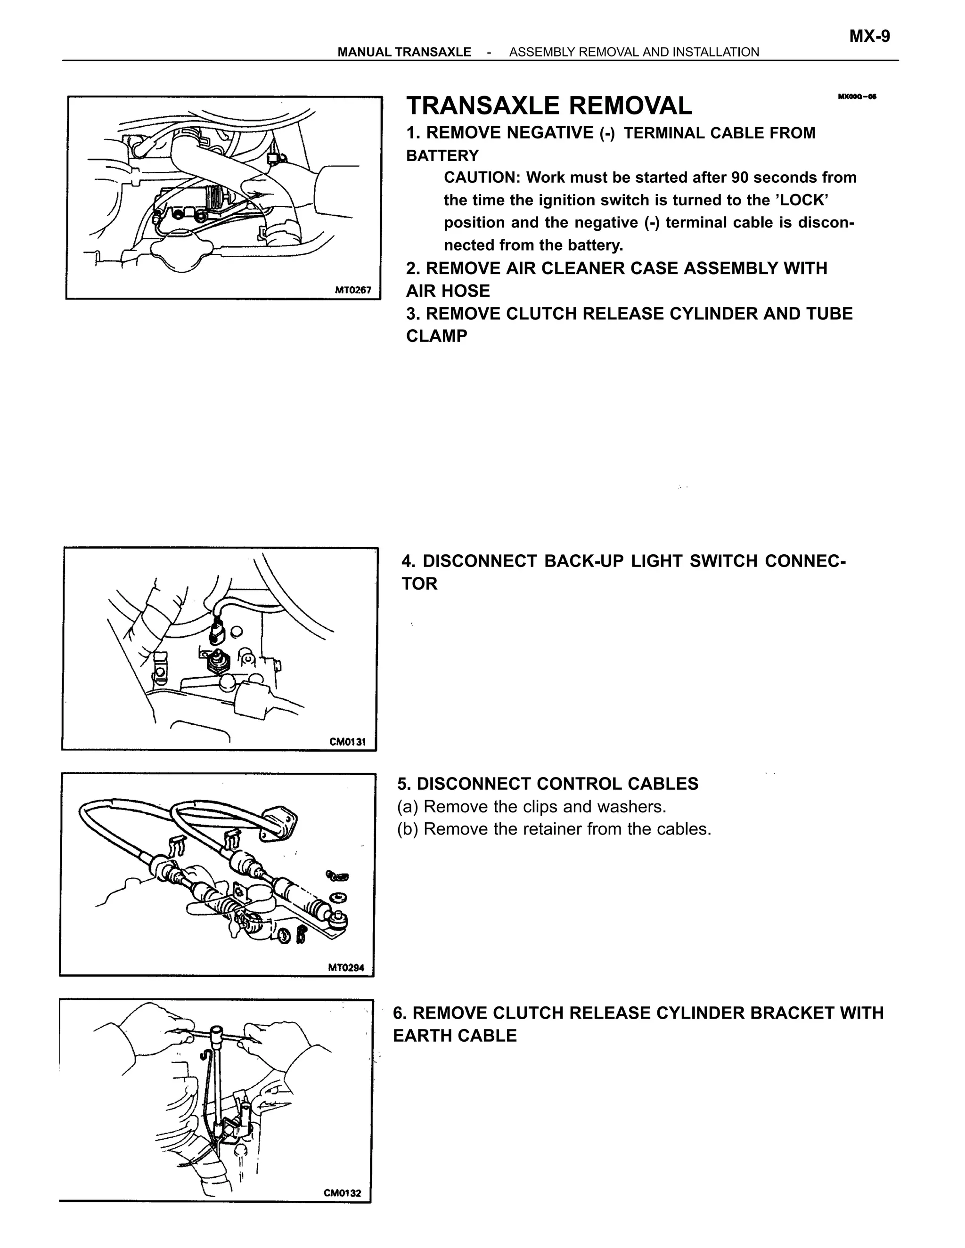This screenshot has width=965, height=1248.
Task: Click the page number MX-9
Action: (869, 37)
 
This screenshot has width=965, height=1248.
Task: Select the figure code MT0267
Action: (353, 290)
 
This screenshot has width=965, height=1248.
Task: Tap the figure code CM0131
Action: (347, 742)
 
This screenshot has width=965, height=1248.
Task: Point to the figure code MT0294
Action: (346, 967)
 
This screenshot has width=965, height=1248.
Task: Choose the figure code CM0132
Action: (343, 1193)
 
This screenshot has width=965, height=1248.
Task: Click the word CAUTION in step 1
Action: (479, 178)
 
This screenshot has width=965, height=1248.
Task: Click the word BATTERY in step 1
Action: (442, 155)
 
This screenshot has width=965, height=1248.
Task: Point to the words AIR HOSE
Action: (448, 291)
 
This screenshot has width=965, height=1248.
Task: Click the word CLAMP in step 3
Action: (436, 336)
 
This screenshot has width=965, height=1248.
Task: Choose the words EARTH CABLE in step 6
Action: (455, 1036)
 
